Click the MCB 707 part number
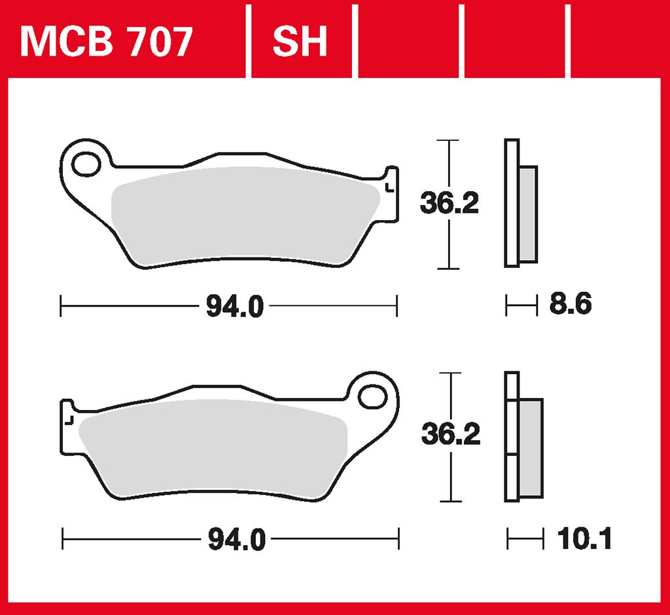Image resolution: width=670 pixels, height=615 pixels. click(107, 41)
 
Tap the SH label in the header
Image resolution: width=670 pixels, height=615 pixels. click(300, 41)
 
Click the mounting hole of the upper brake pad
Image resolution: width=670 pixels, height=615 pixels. click(86, 164)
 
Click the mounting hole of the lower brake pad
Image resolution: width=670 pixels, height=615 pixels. click(372, 397)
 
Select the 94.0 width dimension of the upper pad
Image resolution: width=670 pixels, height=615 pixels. click(235, 307)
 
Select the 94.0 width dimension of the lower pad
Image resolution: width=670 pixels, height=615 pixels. click(237, 539)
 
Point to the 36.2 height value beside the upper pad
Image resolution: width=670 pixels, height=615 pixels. click(450, 203)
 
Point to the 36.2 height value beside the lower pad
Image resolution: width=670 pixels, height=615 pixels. click(451, 434)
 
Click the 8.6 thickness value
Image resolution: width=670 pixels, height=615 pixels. click(571, 304)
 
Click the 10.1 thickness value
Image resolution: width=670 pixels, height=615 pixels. click(584, 538)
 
